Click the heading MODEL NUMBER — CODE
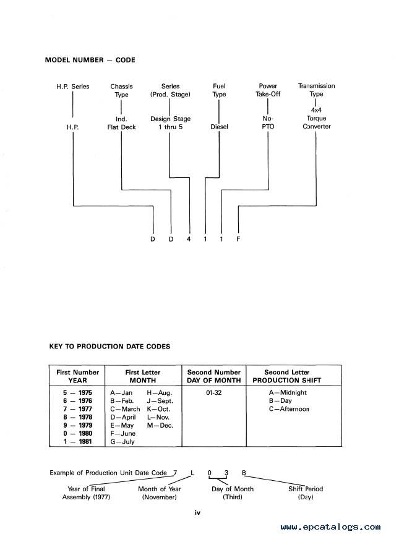[90, 60]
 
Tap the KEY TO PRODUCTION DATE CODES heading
[109, 346]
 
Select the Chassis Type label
[121, 90]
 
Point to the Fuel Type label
[219, 90]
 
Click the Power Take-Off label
[268, 90]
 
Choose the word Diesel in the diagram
[219, 127]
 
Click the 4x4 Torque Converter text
[316, 118]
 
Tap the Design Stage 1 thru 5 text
[170, 122]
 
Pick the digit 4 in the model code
[189, 239]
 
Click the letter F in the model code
[238, 239]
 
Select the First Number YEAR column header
[77, 376]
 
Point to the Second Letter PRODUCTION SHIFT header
[287, 376]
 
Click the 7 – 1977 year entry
[77, 409]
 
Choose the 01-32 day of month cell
[214, 392]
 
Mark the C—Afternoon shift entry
[289, 409]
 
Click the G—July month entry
[122, 441]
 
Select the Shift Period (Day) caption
[306, 493]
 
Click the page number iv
[197, 513]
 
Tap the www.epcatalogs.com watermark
[330, 527]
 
